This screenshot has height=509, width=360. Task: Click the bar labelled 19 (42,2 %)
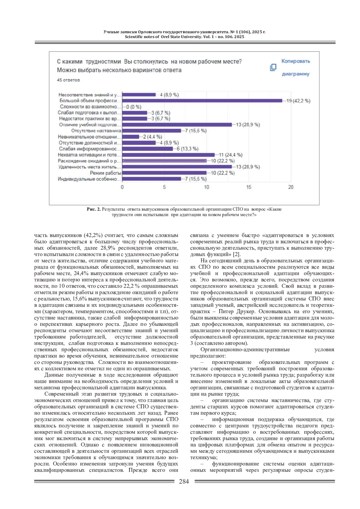point(202,101)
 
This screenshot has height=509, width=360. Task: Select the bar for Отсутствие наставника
point(151,131)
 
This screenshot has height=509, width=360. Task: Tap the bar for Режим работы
point(164,173)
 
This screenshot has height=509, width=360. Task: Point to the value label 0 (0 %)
point(133,107)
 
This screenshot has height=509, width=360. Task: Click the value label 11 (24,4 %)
point(230,155)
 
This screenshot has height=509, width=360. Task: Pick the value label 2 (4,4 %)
point(152,137)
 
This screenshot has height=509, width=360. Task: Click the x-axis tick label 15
point(249,187)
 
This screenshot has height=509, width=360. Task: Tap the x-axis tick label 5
point(164,187)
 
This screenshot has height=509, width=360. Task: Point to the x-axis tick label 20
point(291,187)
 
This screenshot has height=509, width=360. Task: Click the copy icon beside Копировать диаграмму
point(273,67)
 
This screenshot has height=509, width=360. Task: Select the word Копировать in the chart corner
point(295,61)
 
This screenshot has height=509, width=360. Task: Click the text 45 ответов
point(68,80)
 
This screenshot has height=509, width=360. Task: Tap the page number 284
point(184,481)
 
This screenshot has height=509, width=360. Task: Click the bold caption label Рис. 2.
point(94,209)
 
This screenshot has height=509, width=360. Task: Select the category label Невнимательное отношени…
point(89,137)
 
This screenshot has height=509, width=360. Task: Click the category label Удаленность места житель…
point(89,167)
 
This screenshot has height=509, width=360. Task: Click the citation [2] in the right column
point(237,254)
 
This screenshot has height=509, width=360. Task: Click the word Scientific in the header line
point(135,37)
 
